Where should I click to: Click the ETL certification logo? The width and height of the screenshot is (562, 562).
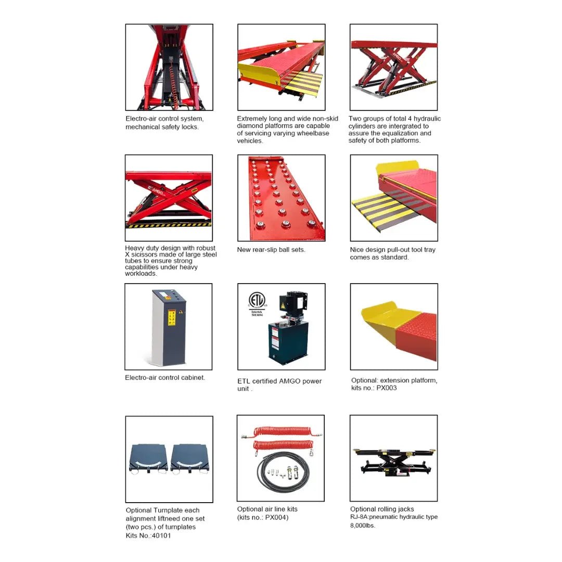tap(257, 300)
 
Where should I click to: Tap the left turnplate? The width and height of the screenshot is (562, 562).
tap(148, 459)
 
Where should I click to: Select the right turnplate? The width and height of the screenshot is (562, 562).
tap(190, 459)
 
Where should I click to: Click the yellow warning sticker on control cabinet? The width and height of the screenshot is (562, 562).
tap(172, 317)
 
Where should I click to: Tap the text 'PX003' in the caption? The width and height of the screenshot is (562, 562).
tap(386, 388)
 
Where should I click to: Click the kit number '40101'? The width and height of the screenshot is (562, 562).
tap(161, 535)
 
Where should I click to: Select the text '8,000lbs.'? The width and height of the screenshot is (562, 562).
tap(363, 526)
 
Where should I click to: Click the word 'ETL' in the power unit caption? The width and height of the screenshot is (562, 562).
tap(244, 381)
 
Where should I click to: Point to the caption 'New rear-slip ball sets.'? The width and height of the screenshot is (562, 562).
tap(271, 250)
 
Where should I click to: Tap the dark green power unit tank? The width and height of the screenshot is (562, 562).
tap(288, 343)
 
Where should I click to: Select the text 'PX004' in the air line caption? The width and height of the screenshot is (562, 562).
tap(276, 517)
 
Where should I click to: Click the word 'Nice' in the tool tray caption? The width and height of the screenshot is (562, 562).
tap(356, 250)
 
